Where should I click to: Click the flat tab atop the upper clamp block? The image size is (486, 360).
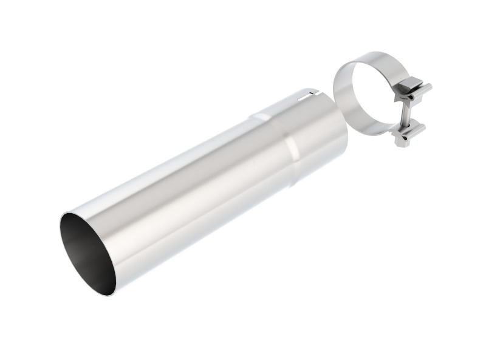tap(410, 81)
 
